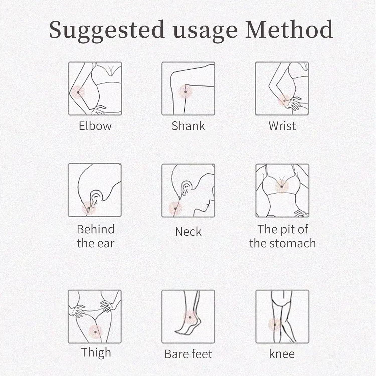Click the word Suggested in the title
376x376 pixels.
click(107, 31)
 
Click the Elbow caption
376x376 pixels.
click(95, 126)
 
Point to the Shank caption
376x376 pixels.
click(188, 126)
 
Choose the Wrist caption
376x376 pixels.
click(282, 126)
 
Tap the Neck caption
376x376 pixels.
click(188, 231)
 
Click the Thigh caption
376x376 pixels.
click(96, 352)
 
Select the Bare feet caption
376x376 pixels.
click(188, 354)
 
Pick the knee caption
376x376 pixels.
click(282, 354)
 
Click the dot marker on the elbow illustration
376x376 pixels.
click(78, 92)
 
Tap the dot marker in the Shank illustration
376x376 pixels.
click(185, 92)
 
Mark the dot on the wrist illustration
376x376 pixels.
click(284, 101)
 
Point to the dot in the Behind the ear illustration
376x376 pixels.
click(88, 208)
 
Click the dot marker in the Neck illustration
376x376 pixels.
click(175, 209)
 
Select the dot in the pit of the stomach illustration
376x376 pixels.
click(282, 186)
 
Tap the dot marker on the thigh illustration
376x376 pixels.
click(96, 332)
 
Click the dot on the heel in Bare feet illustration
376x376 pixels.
click(190, 317)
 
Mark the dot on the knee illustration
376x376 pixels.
click(275, 325)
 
